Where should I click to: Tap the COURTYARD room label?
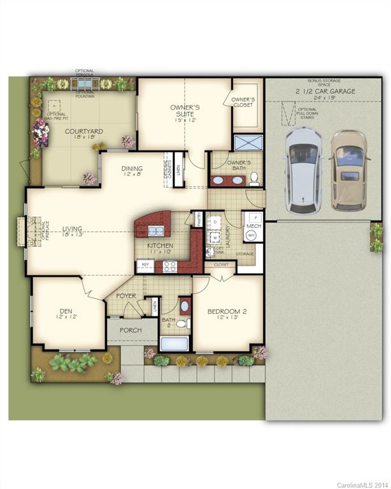click(84, 132)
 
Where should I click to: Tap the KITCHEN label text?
click(160, 246)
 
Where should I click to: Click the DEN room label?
click(66, 311)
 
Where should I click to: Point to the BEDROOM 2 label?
click(226, 312)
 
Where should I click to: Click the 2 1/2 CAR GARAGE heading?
click(325, 91)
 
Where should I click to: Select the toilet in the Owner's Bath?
click(253, 178)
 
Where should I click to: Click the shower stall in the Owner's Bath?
click(246, 143)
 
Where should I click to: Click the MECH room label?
click(253, 225)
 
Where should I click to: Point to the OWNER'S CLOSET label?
click(243, 102)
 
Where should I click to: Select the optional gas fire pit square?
click(54, 105)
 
